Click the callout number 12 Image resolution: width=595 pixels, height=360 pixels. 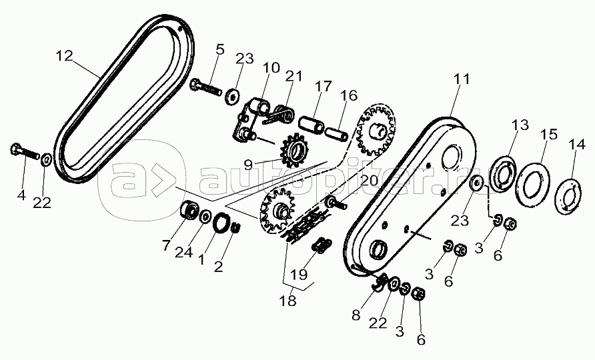point(64,56)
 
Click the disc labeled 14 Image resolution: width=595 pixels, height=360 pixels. point(566,195)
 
